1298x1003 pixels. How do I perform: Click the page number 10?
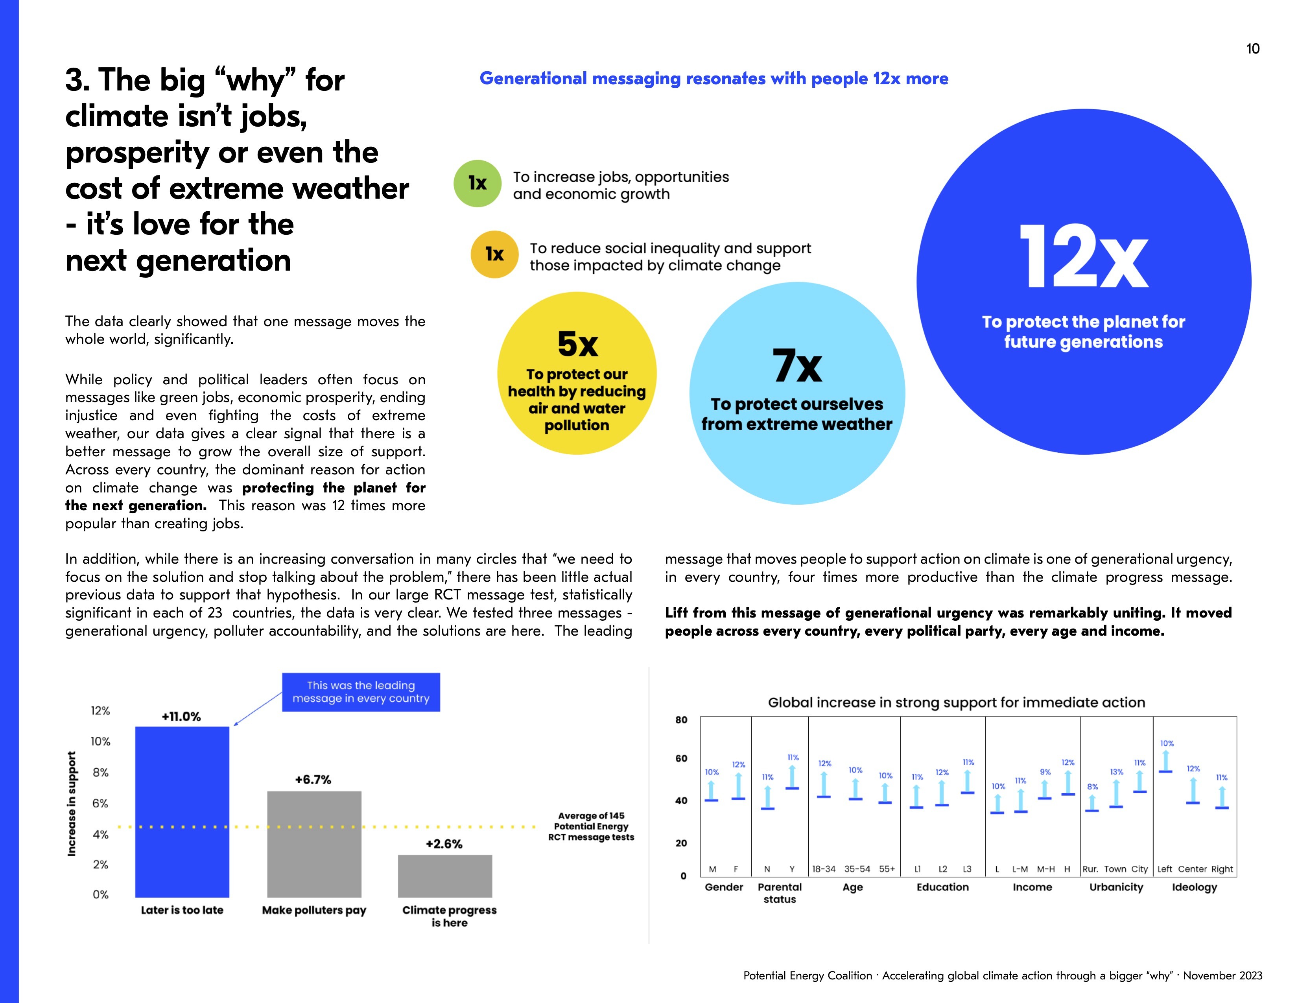pos(1252,49)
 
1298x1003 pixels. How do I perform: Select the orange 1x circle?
pos(494,254)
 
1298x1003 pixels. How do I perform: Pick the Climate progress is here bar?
pos(444,876)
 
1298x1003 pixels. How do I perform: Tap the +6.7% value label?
pos(313,780)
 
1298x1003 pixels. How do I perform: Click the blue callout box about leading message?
pos(361,691)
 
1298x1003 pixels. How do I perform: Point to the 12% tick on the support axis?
pos(100,711)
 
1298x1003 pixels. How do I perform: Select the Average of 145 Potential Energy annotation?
pos(591,826)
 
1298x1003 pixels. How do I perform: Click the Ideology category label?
pos(1194,887)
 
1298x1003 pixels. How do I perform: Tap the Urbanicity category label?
pos(1115,887)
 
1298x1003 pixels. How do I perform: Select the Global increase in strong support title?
pos(956,702)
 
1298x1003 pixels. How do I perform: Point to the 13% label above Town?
pos(1116,772)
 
